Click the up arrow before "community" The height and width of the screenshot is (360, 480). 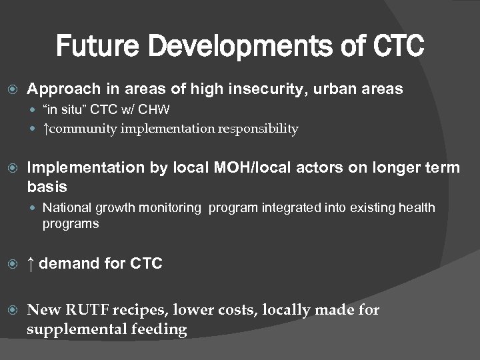[x=45, y=129]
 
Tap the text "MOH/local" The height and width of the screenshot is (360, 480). [x=216, y=167]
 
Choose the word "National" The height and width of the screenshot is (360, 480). [x=67, y=208]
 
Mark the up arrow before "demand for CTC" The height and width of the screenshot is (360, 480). [x=31, y=264]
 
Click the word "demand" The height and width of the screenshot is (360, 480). [x=68, y=264]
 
